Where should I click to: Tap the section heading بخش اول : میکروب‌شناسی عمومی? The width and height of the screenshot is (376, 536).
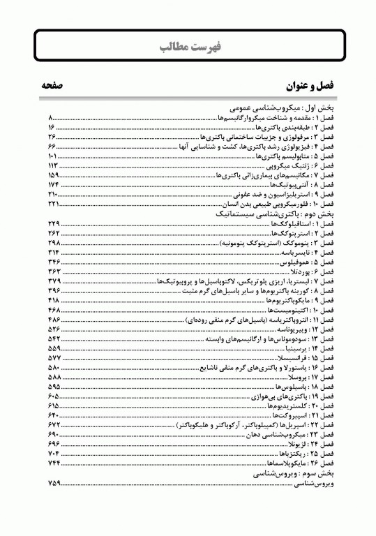[279, 110]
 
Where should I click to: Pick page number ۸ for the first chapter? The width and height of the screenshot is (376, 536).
[50, 119]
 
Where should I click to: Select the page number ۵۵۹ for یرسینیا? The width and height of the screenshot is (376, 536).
[54, 347]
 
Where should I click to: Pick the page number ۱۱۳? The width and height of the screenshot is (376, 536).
[54, 166]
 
